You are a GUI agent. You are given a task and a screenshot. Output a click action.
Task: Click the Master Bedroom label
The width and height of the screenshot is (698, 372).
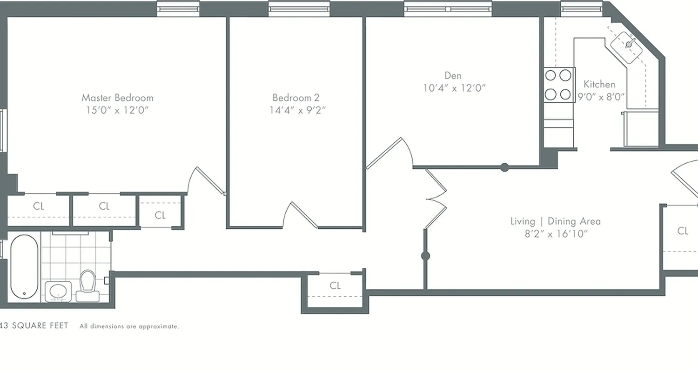[x=117, y=98]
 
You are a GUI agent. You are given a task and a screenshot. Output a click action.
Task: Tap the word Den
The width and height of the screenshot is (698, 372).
[x=453, y=75]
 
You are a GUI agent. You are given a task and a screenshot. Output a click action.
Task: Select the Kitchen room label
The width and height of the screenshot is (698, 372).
[x=599, y=84]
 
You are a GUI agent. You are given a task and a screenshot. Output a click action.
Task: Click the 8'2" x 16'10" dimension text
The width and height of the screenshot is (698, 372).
[x=555, y=233]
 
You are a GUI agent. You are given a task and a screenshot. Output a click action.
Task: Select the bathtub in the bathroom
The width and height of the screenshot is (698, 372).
[x=24, y=267]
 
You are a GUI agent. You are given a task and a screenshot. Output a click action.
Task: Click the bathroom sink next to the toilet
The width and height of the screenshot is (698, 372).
[x=58, y=291]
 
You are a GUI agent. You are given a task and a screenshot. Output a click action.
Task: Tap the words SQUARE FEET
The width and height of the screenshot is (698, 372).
[x=40, y=325]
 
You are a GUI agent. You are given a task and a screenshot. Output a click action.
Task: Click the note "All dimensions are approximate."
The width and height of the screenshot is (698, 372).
[x=129, y=326]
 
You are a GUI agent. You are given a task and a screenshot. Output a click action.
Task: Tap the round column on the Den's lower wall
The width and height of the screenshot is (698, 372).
[x=504, y=167]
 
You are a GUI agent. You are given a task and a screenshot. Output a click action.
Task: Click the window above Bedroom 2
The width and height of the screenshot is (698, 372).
[x=299, y=8]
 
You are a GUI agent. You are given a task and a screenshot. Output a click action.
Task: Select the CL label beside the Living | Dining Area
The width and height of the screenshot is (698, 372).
[x=683, y=231]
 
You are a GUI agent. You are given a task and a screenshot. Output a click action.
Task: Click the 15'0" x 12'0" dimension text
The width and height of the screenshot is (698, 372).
[x=117, y=110]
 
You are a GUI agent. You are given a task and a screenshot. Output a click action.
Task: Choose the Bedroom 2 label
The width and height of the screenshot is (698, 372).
[x=296, y=98]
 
